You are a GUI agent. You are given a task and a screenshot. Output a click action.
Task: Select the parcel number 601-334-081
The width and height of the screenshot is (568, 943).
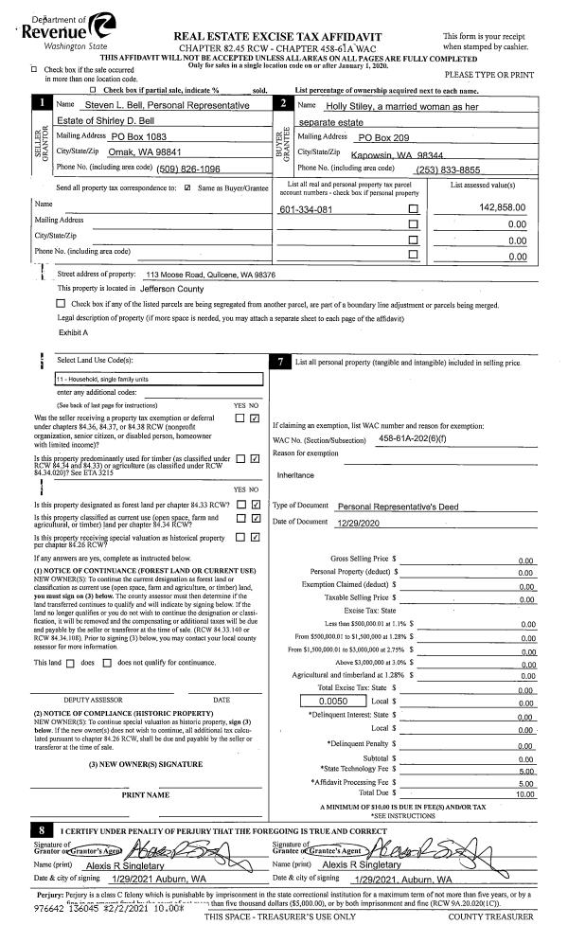point(305,209)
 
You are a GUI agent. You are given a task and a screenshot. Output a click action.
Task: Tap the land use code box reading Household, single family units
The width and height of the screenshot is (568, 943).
point(155,379)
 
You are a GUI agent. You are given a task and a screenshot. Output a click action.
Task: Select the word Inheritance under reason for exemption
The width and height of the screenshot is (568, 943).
point(295,474)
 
